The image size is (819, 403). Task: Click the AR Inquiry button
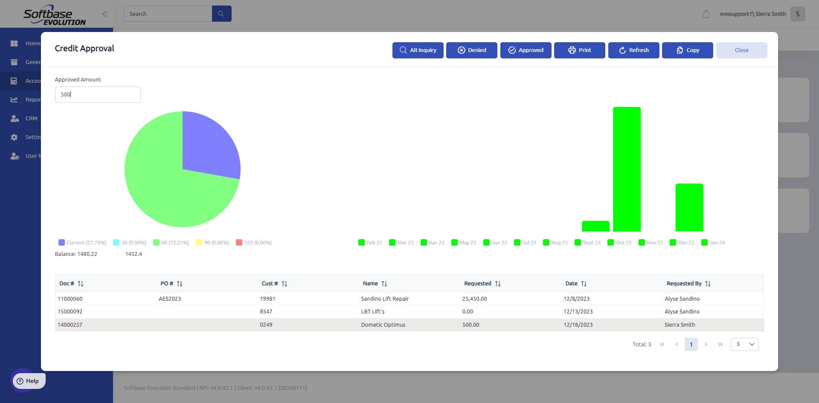(418, 50)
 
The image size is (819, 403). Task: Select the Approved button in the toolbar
(526, 50)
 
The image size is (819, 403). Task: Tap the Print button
(579, 50)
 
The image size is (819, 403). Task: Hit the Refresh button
(633, 50)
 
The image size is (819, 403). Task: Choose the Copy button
(687, 50)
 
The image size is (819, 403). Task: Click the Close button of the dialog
(741, 50)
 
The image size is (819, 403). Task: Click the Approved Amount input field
(98, 95)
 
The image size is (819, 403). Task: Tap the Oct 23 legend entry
(619, 243)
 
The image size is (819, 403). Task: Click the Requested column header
(478, 284)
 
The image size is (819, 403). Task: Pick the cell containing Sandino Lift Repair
(385, 299)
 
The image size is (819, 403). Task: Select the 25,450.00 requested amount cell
(474, 299)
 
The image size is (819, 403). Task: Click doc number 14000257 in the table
(70, 325)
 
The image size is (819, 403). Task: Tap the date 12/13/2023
(578, 312)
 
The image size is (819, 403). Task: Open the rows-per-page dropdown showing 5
(744, 344)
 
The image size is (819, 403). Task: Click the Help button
(28, 381)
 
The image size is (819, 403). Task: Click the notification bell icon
(706, 14)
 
